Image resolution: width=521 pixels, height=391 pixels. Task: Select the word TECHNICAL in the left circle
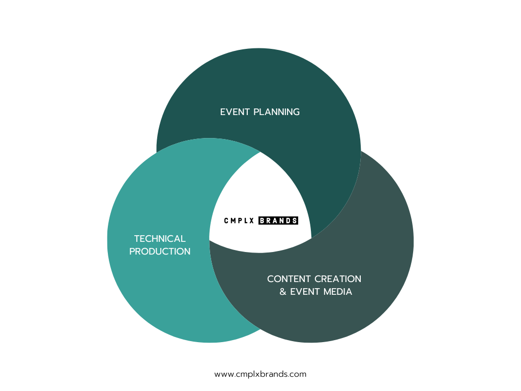160,239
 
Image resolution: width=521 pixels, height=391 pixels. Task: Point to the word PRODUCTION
160,252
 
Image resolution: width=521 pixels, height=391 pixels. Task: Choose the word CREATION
338,279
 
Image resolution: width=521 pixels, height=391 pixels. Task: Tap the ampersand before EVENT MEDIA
283,292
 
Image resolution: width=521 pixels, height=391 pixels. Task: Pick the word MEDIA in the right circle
335,292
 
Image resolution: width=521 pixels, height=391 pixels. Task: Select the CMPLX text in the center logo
240,221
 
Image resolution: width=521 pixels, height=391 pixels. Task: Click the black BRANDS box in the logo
278,221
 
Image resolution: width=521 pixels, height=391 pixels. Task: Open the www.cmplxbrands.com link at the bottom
260,374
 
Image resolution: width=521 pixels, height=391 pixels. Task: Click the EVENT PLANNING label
260,112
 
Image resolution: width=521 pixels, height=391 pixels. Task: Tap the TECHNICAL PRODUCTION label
160,245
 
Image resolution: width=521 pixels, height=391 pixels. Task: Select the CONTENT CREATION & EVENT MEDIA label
314,286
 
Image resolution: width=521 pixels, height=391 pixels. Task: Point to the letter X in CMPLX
253,221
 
